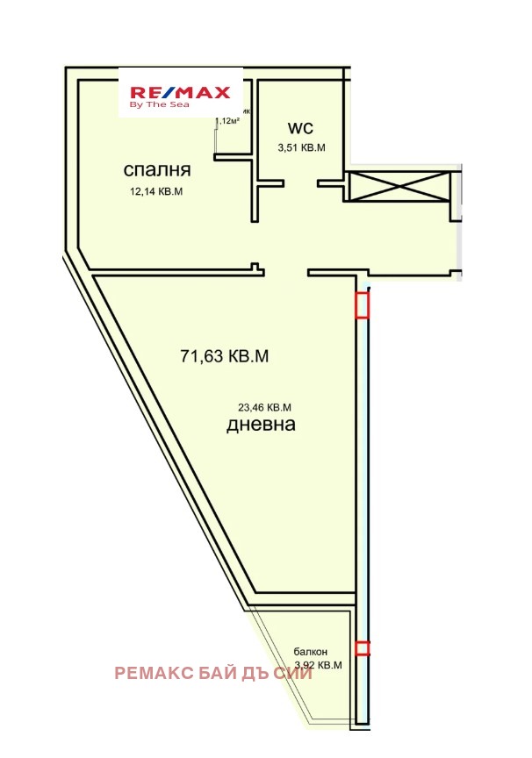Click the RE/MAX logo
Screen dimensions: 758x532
tap(180, 92)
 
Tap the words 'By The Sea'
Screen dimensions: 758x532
tap(154, 104)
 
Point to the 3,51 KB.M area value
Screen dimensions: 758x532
tap(301, 148)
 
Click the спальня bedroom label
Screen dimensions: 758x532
tap(157, 169)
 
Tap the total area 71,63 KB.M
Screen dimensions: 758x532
tap(224, 356)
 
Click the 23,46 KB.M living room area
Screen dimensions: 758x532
tap(264, 407)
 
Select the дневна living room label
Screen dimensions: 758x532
tap(261, 425)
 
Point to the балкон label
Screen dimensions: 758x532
tap(311, 652)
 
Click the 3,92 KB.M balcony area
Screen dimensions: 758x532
tap(317, 665)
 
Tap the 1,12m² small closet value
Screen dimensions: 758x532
tap(227, 121)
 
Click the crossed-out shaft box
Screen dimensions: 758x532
tap(399, 186)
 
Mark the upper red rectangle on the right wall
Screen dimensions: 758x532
tap(362, 304)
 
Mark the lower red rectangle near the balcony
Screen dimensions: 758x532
tap(362, 648)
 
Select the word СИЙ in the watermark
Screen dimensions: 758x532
tap(294, 674)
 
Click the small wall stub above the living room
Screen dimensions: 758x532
tap(255, 268)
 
